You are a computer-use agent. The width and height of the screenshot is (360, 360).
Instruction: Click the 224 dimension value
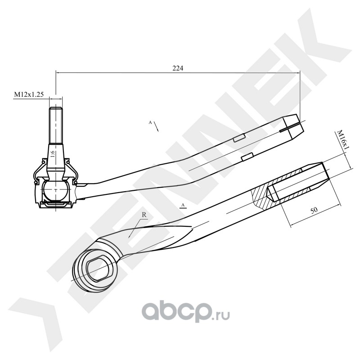(178, 68)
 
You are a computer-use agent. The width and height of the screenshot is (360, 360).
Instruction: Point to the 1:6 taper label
(53, 156)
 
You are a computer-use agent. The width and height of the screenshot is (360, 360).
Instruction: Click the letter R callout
(144, 215)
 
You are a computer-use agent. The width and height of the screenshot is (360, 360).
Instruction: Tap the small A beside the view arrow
(150, 122)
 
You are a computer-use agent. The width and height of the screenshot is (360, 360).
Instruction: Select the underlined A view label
(183, 206)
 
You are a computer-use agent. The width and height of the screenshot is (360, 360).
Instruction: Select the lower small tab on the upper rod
(246, 157)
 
